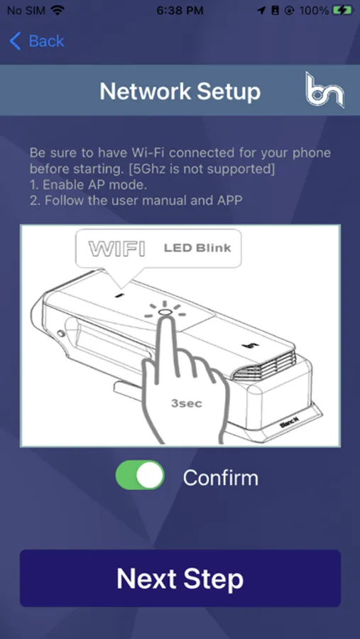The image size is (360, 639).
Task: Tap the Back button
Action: coord(37,41)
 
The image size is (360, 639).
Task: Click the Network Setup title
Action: coord(180,91)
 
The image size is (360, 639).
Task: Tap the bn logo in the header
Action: coord(324,90)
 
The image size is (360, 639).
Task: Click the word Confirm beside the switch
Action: coord(221,478)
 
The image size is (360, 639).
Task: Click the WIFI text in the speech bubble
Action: coord(116,248)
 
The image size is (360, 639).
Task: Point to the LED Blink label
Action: coord(197,248)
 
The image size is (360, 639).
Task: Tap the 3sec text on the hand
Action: coord(187,403)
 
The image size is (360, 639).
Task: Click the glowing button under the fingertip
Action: coord(164,312)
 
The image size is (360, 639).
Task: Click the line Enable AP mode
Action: coord(88,185)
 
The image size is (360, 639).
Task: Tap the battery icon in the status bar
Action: coord(342,10)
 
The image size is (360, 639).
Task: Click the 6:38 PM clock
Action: coord(180,11)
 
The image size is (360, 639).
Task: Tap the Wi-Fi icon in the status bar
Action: coord(58,10)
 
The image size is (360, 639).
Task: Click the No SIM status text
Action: coord(27,11)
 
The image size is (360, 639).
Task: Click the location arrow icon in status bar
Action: coord(261,11)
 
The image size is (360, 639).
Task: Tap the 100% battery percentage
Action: coord(314,11)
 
